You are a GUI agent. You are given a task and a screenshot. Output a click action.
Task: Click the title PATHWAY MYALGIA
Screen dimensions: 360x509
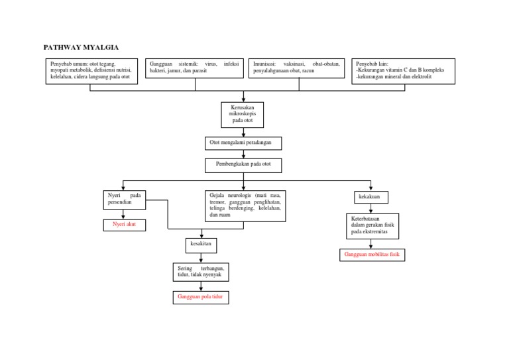(x=81, y=48)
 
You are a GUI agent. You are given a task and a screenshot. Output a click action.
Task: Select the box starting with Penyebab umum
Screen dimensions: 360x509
(x=91, y=72)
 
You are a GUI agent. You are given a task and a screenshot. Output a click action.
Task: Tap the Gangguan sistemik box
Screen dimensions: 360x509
(x=194, y=68)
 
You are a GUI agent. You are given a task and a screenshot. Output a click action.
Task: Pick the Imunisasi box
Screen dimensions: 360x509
(x=296, y=68)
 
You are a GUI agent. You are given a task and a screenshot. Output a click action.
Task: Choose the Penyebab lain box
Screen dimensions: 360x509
(x=403, y=71)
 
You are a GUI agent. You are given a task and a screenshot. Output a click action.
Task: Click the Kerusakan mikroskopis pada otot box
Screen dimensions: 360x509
(x=242, y=115)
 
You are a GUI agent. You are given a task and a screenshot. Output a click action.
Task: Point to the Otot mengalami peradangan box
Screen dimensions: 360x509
(x=243, y=143)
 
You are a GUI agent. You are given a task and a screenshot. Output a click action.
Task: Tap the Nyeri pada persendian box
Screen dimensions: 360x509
(x=125, y=200)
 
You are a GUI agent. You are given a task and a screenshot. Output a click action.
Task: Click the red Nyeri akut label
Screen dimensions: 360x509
(x=124, y=225)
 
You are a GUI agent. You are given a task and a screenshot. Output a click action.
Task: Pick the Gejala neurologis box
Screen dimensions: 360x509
(x=245, y=206)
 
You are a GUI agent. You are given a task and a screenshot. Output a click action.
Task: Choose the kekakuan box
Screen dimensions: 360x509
(x=370, y=198)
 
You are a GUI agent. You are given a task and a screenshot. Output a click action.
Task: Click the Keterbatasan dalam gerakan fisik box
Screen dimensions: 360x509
(x=372, y=225)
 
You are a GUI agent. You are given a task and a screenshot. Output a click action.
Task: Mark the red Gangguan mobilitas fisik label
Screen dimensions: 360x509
(x=372, y=255)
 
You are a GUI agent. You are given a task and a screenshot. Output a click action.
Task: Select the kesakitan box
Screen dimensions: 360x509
(x=201, y=245)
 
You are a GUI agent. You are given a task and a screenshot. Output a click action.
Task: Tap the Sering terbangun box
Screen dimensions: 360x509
(x=201, y=272)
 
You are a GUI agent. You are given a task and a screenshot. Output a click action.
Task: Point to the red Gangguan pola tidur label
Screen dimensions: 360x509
(x=201, y=298)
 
